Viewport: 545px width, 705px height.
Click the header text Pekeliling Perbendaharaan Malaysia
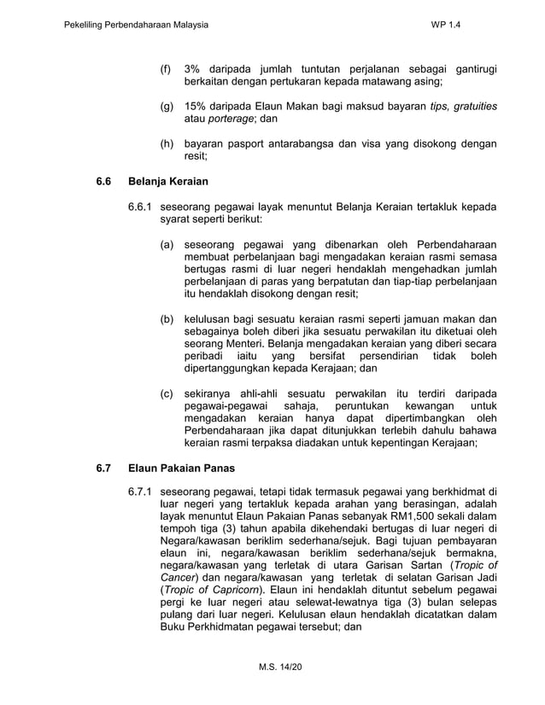click(137, 26)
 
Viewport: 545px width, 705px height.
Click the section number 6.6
click(104, 182)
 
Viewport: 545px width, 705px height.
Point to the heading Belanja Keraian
click(168, 182)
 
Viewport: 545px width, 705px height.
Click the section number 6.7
click(104, 468)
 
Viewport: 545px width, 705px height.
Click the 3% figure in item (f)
click(193, 68)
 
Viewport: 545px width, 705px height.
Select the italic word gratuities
click(476, 106)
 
